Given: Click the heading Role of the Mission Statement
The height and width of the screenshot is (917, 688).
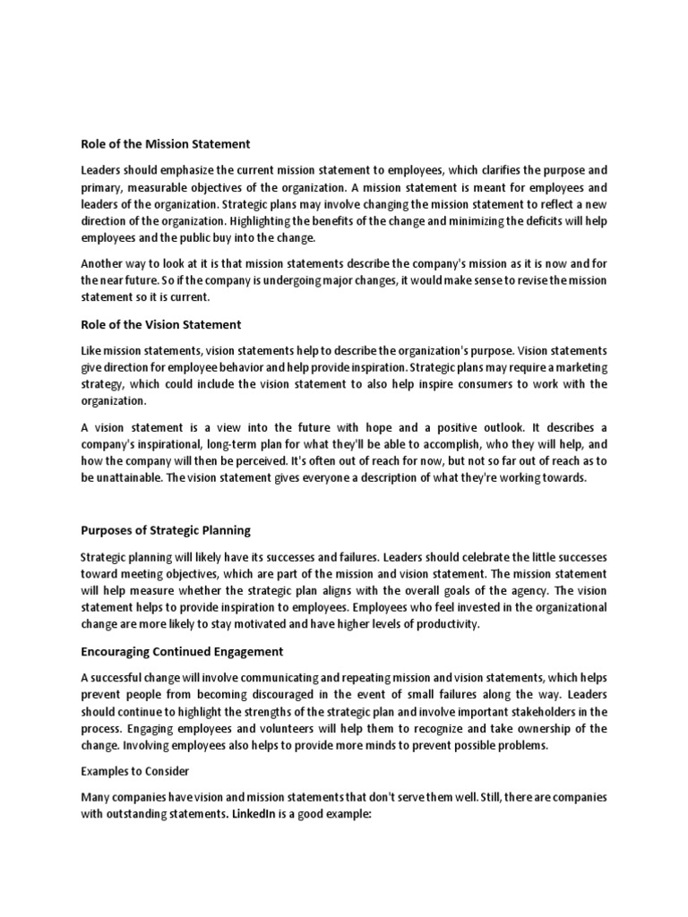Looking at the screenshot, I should [x=166, y=143].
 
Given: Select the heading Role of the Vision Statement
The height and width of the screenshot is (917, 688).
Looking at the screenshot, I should [x=161, y=324].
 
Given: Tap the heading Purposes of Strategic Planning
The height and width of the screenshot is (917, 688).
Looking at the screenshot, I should [x=166, y=530].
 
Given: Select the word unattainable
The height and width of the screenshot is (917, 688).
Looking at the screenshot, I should [x=131, y=478].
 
